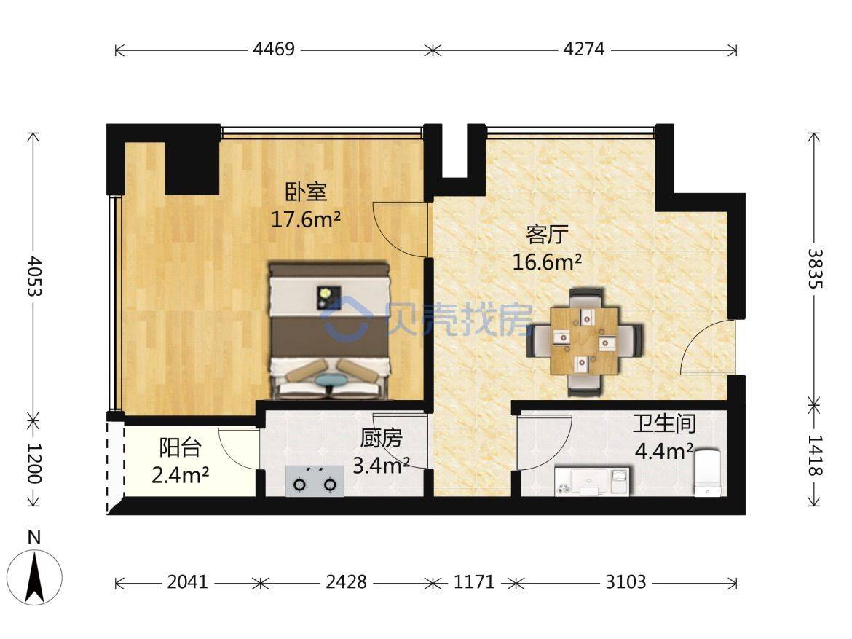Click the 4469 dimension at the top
[274, 50]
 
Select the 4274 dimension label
[583, 50]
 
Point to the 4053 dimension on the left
[34, 275]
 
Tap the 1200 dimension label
[34, 463]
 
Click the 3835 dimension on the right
[815, 269]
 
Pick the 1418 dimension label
[815, 455]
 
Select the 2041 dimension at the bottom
[187, 582]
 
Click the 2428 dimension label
[346, 582]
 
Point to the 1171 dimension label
[474, 582]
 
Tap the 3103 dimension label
[626, 582]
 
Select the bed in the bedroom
[331, 332]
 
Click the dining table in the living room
[584, 341]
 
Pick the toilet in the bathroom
[708, 472]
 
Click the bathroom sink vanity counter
[592, 481]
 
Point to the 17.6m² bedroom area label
[306, 220]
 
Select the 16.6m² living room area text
[547, 262]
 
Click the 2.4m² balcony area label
[180, 475]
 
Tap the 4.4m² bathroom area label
[664, 451]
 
